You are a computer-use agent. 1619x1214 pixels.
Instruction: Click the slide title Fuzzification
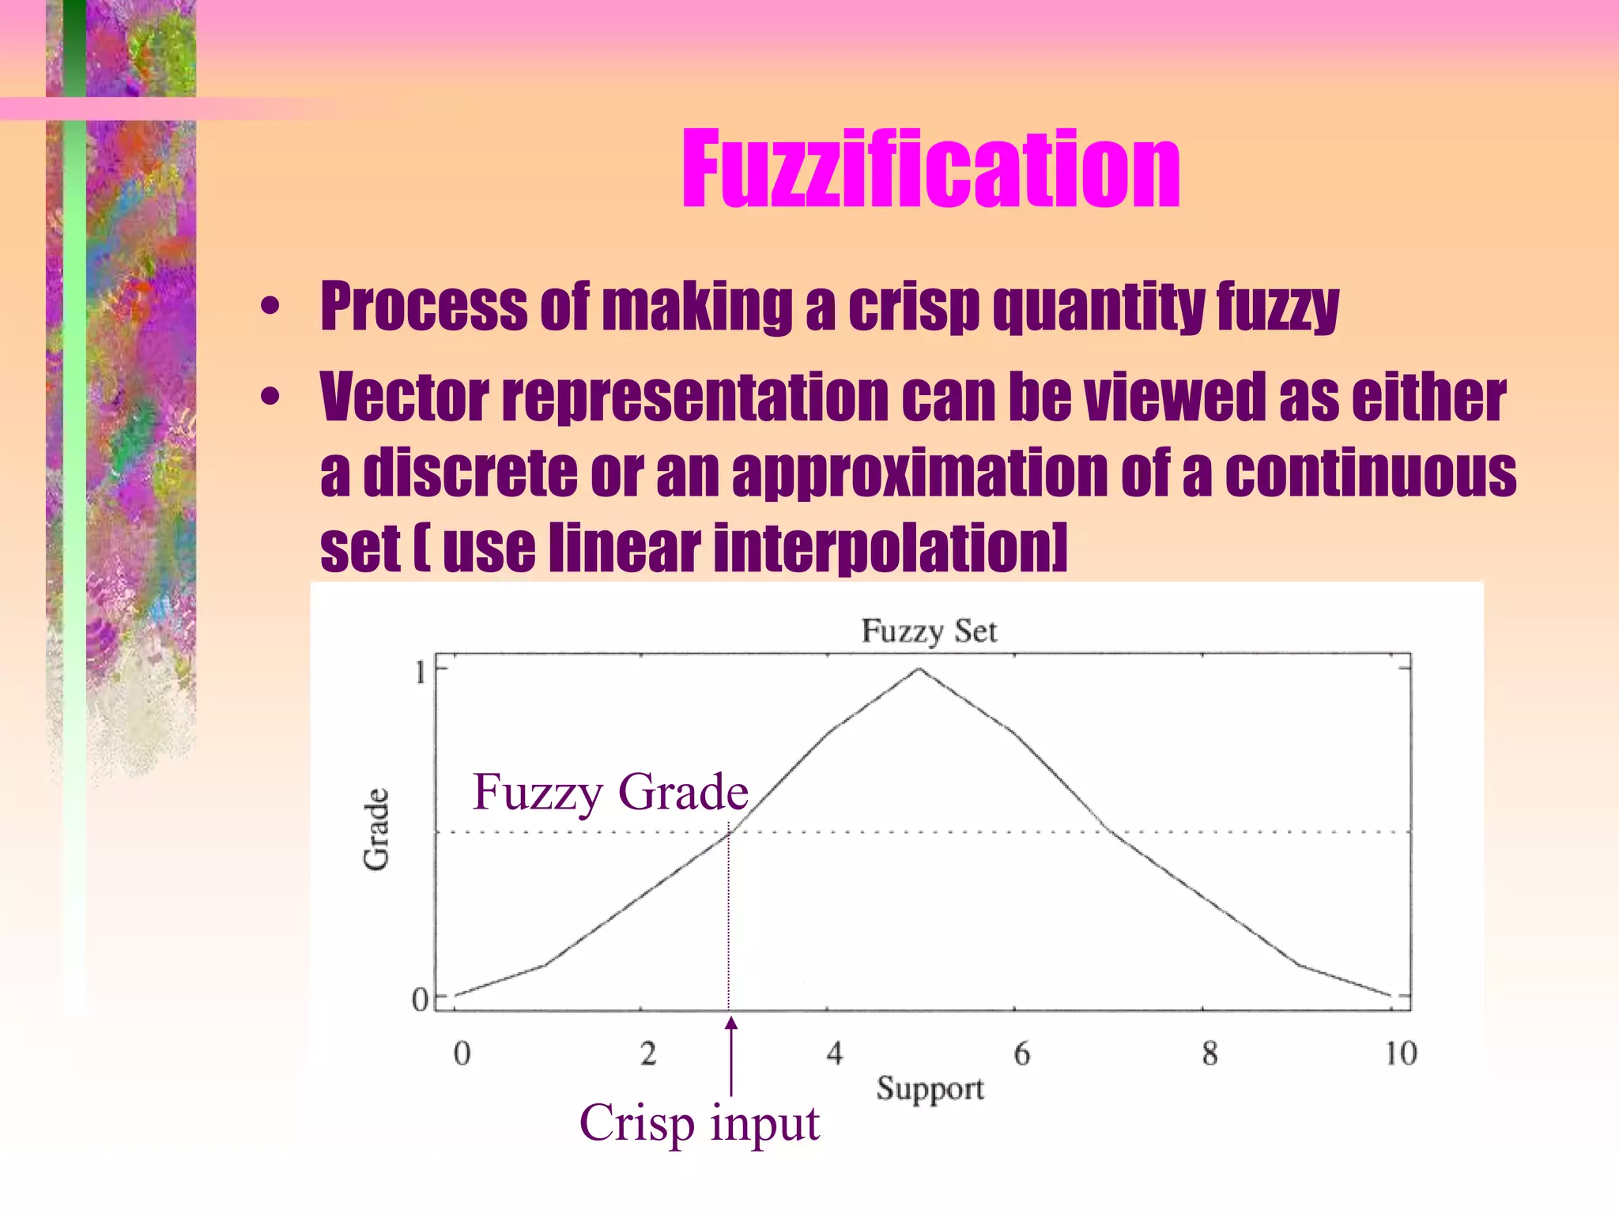click(930, 170)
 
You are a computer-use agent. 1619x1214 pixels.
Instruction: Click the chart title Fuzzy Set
click(929, 632)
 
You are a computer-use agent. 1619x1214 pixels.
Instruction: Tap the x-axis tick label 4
click(835, 1054)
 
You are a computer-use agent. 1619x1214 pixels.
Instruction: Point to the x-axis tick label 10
click(1400, 1054)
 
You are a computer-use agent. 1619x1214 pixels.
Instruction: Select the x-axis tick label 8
click(1210, 1054)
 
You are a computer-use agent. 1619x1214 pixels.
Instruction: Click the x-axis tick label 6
click(1021, 1054)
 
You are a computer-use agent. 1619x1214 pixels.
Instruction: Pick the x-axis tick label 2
click(648, 1054)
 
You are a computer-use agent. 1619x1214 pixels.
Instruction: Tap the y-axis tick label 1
click(420, 673)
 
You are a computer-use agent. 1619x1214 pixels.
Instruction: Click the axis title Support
click(930, 1089)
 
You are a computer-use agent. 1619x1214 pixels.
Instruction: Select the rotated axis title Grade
click(376, 829)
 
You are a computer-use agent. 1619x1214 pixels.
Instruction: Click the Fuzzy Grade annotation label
click(609, 792)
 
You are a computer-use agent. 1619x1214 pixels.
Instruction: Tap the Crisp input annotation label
click(699, 1123)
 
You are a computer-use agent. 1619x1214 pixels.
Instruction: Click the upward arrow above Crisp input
click(731, 1055)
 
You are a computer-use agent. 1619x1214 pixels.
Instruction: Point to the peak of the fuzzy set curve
click(919, 669)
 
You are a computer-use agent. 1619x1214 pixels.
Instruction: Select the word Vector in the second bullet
click(404, 397)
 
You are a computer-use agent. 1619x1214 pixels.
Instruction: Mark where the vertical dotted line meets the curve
click(729, 832)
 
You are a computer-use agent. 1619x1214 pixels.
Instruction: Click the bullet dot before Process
click(270, 307)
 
